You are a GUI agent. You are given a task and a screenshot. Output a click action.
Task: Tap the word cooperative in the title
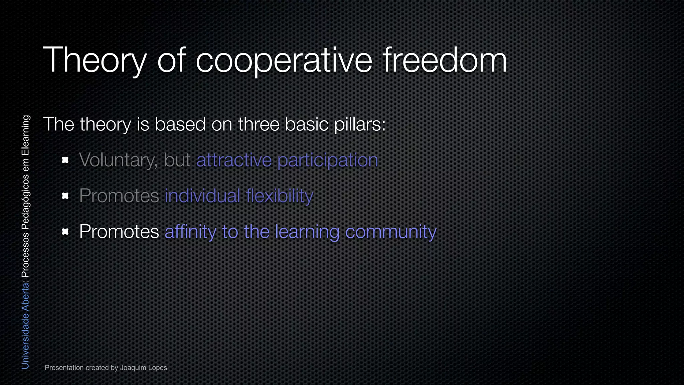click(x=284, y=60)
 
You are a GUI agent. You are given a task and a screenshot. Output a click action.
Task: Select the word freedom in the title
click(x=445, y=60)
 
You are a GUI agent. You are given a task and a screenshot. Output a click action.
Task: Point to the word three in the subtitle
click(x=259, y=124)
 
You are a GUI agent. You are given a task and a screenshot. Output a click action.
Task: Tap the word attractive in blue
click(x=234, y=160)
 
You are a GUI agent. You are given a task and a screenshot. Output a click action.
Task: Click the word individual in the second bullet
click(x=202, y=196)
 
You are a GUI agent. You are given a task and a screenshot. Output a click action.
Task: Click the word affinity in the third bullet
click(x=190, y=232)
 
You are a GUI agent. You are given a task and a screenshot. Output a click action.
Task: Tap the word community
click(x=391, y=232)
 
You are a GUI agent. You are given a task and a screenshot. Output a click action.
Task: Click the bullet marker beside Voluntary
click(x=65, y=160)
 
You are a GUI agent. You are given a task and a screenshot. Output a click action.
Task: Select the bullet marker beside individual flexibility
click(x=65, y=196)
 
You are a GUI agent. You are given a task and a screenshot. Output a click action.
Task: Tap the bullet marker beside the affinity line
click(x=65, y=231)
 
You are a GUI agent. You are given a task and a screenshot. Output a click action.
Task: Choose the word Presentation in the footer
click(x=64, y=368)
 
